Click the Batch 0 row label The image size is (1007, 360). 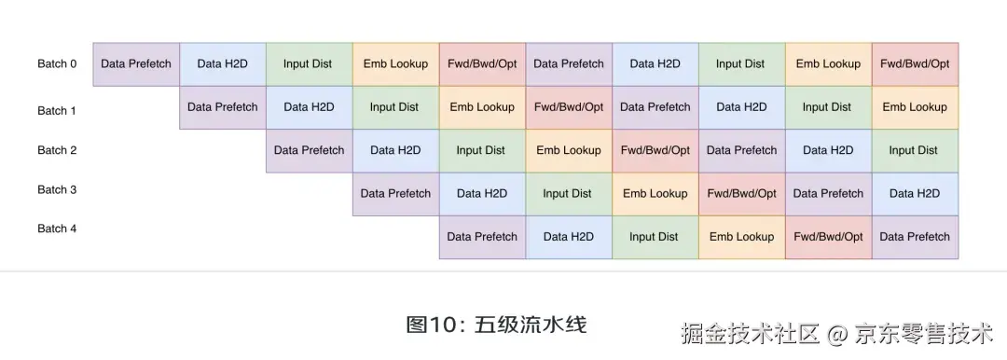[x=57, y=64]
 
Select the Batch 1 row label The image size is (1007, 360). [x=57, y=111]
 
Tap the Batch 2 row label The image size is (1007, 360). [x=57, y=150]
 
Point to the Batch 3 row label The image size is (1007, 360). [x=57, y=190]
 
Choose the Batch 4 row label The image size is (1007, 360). [x=57, y=228]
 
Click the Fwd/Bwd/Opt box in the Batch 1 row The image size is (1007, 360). [x=569, y=107]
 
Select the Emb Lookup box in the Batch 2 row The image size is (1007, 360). [x=569, y=150]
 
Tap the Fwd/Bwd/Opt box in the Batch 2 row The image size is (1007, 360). [x=655, y=150]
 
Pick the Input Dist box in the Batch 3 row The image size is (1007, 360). [x=568, y=194]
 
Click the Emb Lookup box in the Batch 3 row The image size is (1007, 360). [x=655, y=194]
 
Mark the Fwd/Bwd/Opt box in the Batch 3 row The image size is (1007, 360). [x=742, y=194]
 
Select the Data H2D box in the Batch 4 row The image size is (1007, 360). [x=569, y=237]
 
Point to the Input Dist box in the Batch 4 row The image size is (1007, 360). [x=655, y=237]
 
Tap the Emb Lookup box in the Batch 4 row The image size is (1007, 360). [x=742, y=237]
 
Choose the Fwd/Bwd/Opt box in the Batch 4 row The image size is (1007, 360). [x=829, y=237]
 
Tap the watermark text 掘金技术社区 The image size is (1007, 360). [x=751, y=333]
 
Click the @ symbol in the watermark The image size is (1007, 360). [x=837, y=333]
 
